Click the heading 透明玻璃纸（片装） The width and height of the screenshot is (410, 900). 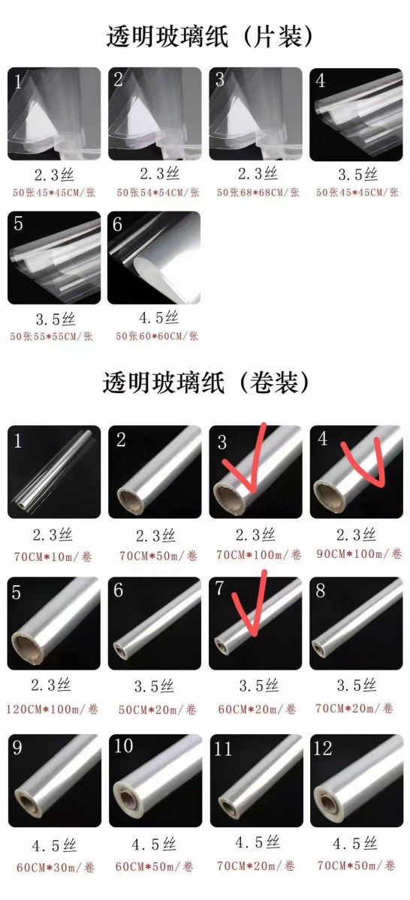(210, 36)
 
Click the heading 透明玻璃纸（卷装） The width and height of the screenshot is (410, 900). (206, 382)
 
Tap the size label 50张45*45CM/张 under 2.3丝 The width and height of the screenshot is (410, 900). (54, 193)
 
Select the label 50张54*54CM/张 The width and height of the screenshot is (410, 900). (158, 193)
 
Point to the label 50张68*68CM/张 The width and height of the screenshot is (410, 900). (258, 193)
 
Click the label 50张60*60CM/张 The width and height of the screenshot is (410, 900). (157, 336)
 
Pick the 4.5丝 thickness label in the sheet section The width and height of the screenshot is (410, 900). (158, 318)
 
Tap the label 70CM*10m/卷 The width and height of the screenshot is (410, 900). (53, 556)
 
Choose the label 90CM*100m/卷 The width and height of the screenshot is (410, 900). (359, 553)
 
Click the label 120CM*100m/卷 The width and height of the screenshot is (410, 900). (53, 709)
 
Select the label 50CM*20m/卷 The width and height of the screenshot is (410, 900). (158, 710)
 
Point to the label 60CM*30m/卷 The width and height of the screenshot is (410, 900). (55, 868)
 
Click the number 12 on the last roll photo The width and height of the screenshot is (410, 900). (323, 748)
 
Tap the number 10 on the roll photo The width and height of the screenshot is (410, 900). (123, 746)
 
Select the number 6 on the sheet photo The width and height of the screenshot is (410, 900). (117, 224)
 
